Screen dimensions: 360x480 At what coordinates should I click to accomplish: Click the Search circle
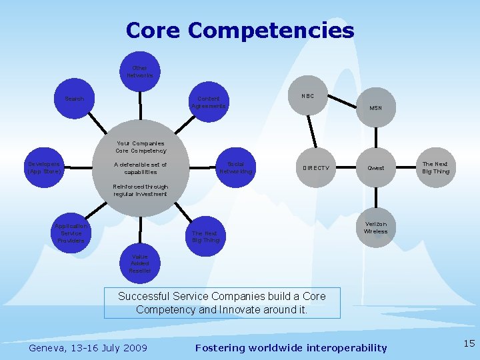75,99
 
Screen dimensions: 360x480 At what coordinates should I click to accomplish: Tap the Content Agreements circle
209,102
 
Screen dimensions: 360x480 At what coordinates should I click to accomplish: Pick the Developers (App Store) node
44,168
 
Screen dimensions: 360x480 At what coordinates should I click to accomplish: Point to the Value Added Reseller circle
140,263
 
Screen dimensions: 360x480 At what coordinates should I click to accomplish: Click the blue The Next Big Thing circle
205,237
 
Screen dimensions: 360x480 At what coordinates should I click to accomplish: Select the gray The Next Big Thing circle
436,167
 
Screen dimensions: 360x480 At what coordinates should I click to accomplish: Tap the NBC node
307,96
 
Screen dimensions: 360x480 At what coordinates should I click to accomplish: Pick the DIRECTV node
315,168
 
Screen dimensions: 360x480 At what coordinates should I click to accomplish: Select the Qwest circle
376,168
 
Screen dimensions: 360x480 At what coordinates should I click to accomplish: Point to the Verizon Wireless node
376,227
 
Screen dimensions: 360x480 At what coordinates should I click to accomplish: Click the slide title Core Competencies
240,31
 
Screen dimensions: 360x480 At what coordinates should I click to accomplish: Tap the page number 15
469,343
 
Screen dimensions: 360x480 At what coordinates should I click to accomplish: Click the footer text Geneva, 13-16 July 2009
89,347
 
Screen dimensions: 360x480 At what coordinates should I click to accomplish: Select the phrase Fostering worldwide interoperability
291,347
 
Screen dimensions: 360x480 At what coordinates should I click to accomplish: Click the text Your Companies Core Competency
140,147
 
